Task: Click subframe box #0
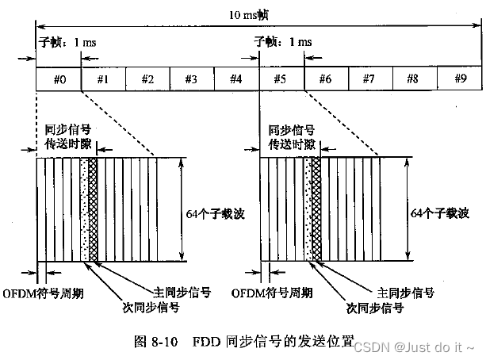[58, 79]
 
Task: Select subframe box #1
[102, 79]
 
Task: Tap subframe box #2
[147, 79]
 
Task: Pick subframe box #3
[191, 79]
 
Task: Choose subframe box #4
[235, 79]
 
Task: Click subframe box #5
[280, 79]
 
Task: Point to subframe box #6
[324, 79]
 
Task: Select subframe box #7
[369, 79]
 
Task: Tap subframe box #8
[413, 79]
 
